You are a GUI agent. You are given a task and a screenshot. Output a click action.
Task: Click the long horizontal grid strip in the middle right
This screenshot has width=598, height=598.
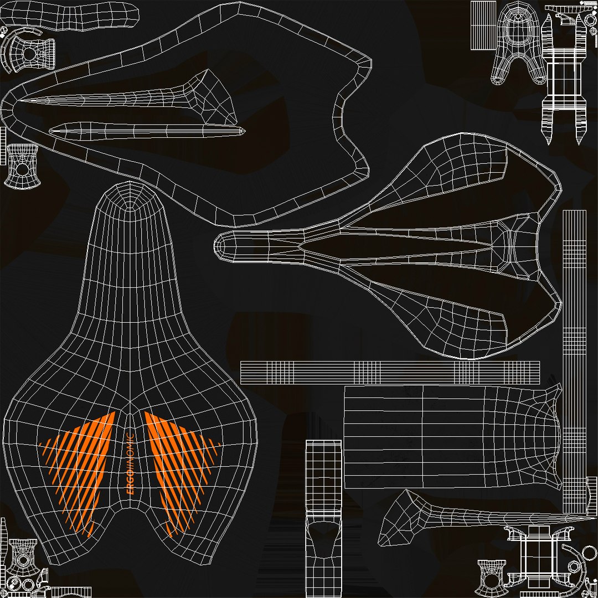click(x=390, y=373)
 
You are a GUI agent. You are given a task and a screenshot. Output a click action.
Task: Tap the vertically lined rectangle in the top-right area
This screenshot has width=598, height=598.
click(x=483, y=25)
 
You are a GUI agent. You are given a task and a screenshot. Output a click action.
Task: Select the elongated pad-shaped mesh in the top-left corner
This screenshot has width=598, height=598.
click(x=69, y=16)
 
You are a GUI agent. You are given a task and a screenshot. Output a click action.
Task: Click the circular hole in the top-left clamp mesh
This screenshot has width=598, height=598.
click(x=29, y=54)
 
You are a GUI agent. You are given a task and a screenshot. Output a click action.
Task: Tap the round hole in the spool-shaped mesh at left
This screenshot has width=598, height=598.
click(x=22, y=169)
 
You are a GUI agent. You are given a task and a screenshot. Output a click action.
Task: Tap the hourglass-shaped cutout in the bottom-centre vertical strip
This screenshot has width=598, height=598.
click(x=323, y=539)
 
